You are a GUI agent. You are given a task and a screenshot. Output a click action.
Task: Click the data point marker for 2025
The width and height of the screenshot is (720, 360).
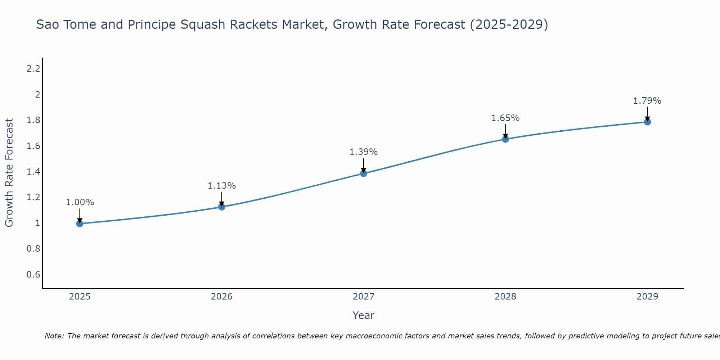[x=80, y=224]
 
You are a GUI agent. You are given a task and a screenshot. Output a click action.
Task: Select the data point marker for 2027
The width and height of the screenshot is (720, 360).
[x=364, y=174]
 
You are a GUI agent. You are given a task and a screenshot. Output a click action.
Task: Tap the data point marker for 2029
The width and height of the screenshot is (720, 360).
[x=647, y=122]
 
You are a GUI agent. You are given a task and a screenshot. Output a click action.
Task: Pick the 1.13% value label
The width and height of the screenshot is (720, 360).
[x=222, y=186]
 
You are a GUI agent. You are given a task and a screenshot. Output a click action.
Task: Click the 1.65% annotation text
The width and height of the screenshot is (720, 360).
[x=505, y=118]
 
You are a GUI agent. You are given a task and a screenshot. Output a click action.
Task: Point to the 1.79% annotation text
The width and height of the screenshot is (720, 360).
[x=647, y=101]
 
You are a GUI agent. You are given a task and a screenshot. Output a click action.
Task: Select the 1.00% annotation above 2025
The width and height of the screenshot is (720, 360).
[x=80, y=202]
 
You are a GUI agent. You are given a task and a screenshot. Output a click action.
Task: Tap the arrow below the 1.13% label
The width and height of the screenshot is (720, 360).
[x=222, y=199]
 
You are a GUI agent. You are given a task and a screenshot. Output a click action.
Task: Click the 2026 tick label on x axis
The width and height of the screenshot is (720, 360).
[x=222, y=297]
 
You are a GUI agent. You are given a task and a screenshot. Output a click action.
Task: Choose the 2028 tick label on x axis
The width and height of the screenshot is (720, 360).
[x=505, y=297]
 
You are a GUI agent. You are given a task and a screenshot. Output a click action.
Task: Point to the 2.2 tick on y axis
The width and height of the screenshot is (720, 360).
[x=33, y=68]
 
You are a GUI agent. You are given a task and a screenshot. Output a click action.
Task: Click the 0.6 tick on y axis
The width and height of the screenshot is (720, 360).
[x=33, y=275]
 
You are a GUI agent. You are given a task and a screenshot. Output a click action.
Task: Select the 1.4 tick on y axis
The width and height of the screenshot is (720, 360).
[x=33, y=172]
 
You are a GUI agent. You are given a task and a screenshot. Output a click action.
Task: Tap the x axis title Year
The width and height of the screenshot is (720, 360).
[x=364, y=315]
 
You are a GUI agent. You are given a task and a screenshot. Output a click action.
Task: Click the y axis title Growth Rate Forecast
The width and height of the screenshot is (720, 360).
[x=9, y=173]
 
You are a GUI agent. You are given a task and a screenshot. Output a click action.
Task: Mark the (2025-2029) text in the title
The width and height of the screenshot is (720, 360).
[x=509, y=24]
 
